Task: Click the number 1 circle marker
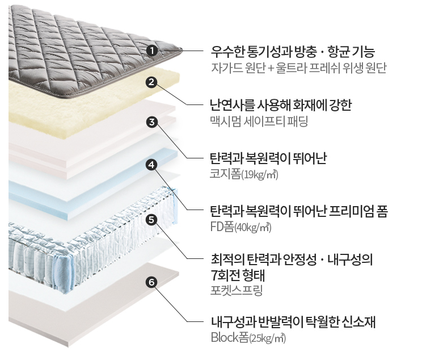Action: point(151,51)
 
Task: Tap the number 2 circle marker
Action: point(151,82)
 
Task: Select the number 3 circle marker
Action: point(151,122)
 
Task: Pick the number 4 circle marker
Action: point(151,165)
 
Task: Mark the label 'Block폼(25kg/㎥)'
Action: point(248,338)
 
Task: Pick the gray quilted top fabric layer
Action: point(91,51)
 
